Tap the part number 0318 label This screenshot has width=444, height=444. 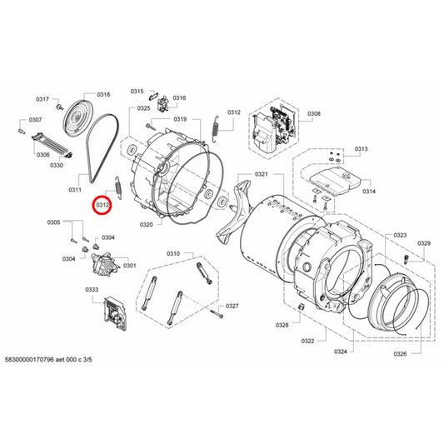click(104, 95)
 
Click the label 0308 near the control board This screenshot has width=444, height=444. click(314, 114)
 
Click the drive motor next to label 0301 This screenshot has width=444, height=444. click(107, 267)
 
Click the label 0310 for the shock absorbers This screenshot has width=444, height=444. click(173, 253)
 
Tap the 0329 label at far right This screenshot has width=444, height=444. click(423, 243)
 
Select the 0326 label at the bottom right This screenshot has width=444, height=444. click(400, 354)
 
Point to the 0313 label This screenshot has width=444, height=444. click(360, 149)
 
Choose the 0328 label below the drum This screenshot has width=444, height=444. click(282, 324)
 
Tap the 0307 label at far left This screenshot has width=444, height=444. click(35, 120)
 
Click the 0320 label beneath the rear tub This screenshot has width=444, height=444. click(146, 225)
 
